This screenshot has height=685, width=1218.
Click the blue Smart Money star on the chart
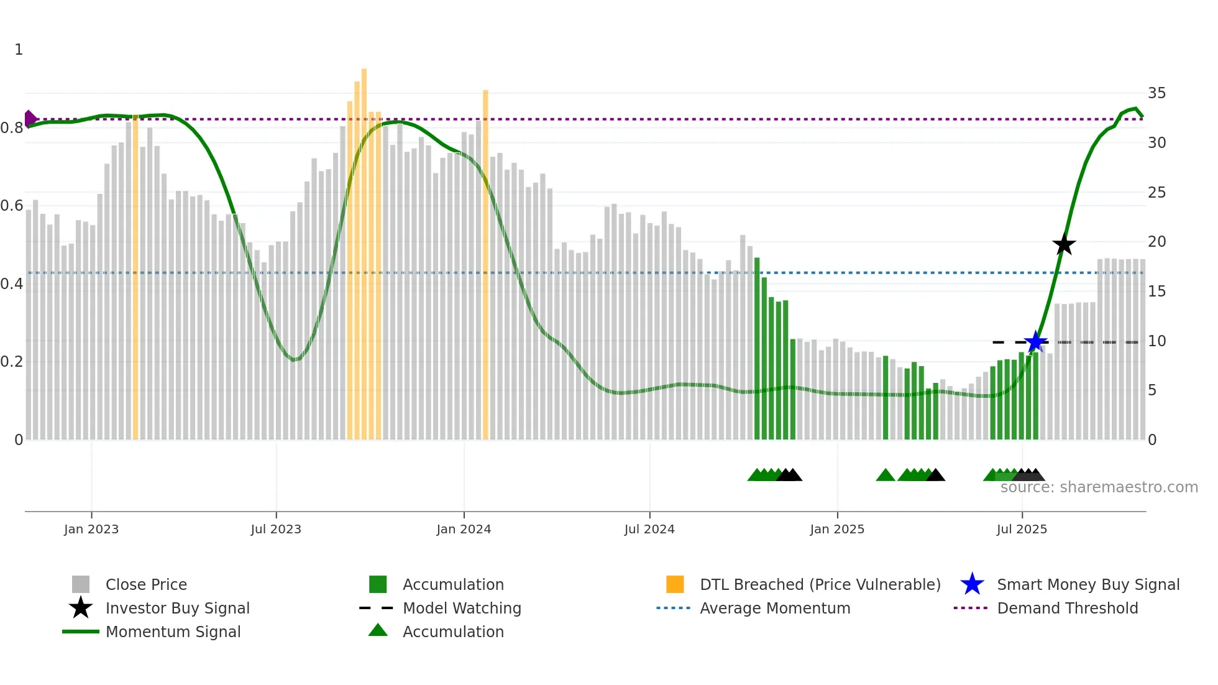pyautogui.click(x=1035, y=342)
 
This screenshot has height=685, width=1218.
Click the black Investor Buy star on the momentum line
pyautogui.click(x=1064, y=244)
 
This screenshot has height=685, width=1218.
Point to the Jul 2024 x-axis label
pyautogui.click(x=649, y=529)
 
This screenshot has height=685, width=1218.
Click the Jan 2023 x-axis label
pyautogui.click(x=91, y=529)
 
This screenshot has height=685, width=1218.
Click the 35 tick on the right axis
pyautogui.click(x=1156, y=93)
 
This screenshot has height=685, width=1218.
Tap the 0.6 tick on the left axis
pyautogui.click(x=12, y=206)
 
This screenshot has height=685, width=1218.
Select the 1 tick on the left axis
pyautogui.click(x=19, y=50)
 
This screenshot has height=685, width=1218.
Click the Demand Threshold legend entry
pyautogui.click(x=1067, y=608)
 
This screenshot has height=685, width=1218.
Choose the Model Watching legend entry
pyautogui.click(x=462, y=608)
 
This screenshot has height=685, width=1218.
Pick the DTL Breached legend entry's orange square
pyautogui.click(x=675, y=584)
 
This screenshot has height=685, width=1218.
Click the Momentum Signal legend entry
pyautogui.click(x=173, y=632)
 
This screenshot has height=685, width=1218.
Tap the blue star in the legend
pyautogui.click(x=972, y=584)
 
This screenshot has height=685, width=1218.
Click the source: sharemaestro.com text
pyautogui.click(x=1099, y=487)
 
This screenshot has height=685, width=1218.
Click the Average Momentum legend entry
pyautogui.click(x=775, y=608)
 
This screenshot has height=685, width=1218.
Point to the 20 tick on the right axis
pyautogui.click(x=1156, y=242)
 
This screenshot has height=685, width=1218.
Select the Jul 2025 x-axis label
pyautogui.click(x=1022, y=529)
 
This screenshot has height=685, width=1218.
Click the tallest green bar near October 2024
pyautogui.click(x=757, y=348)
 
